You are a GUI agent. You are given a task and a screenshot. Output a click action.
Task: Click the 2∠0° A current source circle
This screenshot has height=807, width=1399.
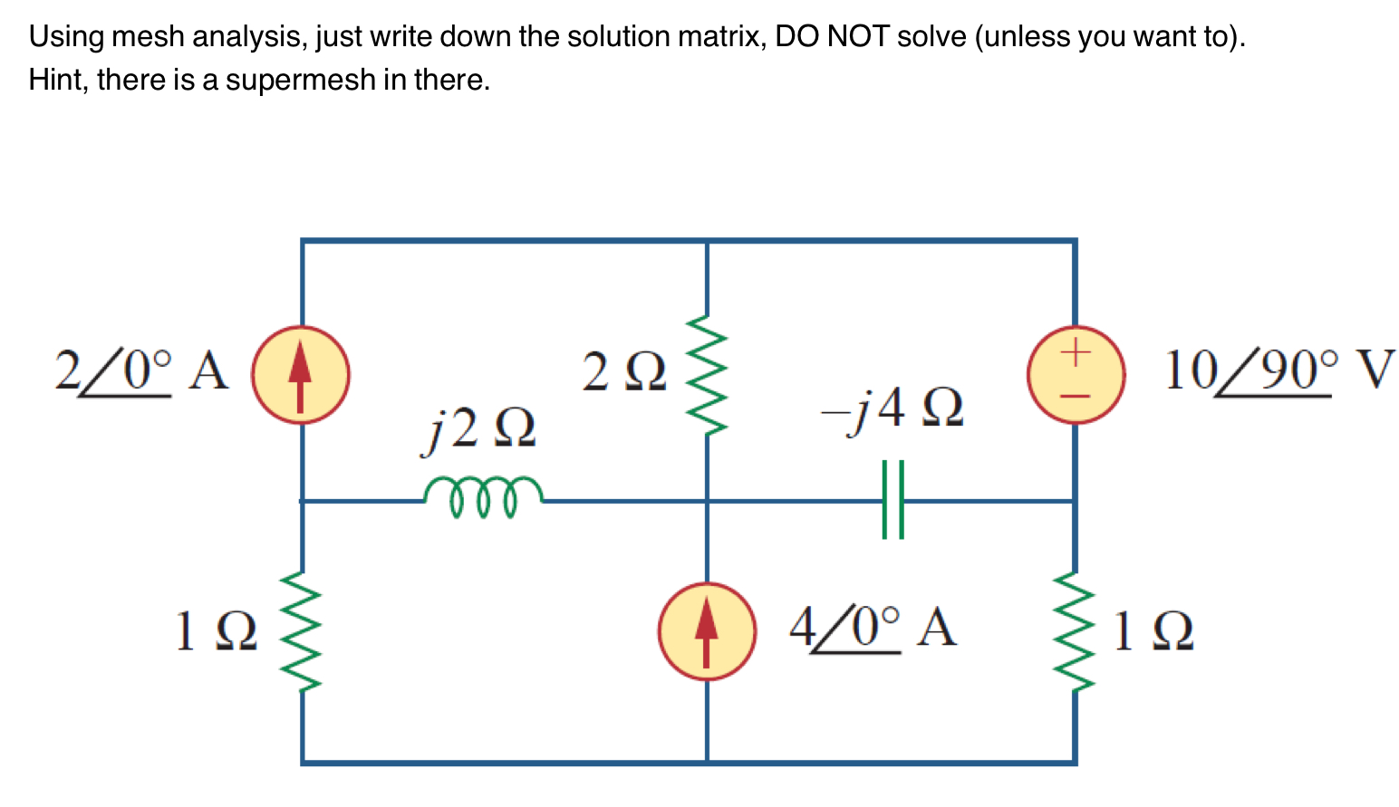[300, 375]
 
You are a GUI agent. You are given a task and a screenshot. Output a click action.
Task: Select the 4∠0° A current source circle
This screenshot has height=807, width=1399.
[706, 631]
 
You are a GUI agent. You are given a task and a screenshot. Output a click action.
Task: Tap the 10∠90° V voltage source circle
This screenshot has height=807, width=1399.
[1076, 375]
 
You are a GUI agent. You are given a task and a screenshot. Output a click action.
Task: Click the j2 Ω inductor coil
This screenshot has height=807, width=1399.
[483, 496]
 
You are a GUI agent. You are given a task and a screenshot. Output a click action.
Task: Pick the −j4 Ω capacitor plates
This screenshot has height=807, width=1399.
[892, 500]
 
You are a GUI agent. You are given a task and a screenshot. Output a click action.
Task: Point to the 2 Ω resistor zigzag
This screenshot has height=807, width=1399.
[706, 376]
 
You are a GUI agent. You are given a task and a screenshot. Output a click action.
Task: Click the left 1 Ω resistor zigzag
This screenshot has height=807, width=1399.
[301, 631]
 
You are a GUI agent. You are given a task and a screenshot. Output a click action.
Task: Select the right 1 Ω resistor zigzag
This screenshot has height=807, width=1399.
[1076, 631]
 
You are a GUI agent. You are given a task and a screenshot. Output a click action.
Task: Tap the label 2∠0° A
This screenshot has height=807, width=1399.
[141, 371]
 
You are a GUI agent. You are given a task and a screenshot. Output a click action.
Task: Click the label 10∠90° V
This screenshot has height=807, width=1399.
[1278, 371]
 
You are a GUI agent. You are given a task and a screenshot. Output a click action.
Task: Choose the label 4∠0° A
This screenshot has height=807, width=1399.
[872, 628]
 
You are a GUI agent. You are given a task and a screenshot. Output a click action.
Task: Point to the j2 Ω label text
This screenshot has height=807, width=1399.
[479, 428]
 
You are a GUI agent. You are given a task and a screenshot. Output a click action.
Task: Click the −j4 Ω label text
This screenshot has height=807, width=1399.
[892, 408]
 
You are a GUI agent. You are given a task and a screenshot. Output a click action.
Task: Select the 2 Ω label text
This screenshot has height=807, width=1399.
[623, 372]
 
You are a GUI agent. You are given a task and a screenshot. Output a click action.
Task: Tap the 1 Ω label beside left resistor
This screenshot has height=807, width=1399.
[215, 632]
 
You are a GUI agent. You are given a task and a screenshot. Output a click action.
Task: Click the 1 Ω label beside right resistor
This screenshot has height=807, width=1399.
[1153, 632]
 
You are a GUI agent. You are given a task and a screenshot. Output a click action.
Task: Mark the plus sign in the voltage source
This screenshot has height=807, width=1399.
[1076, 351]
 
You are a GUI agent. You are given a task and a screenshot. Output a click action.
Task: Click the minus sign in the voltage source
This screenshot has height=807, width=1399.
[1076, 397]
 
